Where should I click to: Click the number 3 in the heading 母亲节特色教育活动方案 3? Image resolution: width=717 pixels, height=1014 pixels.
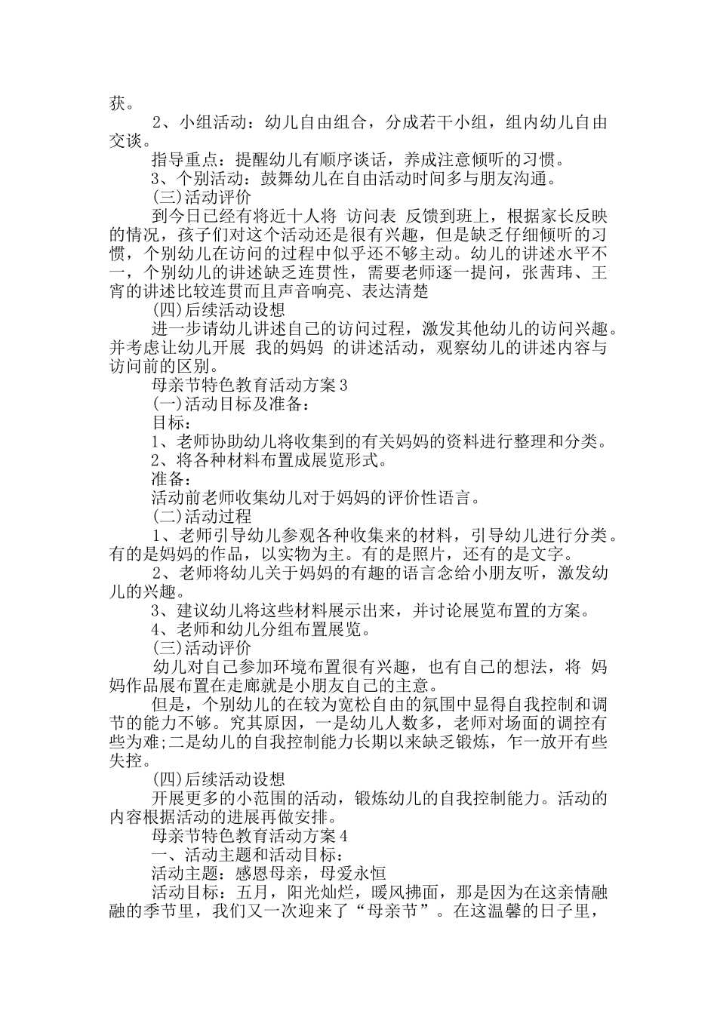coord(343,386)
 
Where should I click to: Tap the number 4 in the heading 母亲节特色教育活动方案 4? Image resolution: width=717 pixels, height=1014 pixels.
coord(343,836)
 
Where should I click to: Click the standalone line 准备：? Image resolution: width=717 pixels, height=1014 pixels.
coord(172,478)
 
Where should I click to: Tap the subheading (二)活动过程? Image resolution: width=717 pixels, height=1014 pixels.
coord(202,517)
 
